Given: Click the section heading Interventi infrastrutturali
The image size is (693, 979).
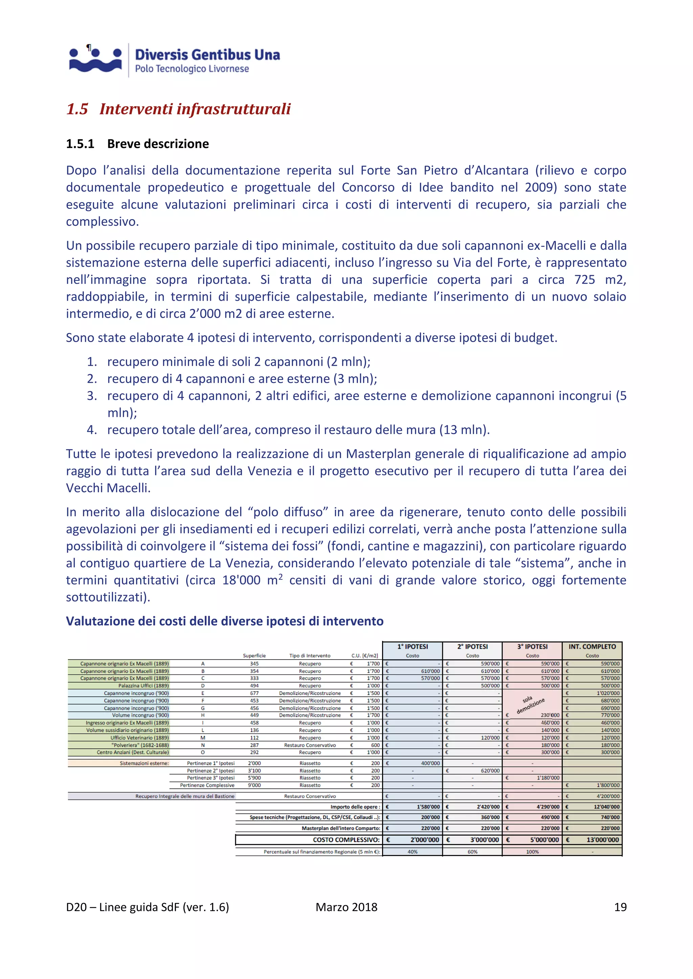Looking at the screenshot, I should pyautogui.click(x=195, y=109).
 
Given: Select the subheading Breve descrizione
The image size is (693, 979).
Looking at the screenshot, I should pyautogui.click(x=158, y=144).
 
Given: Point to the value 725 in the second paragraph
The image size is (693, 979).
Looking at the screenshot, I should pyautogui.click(x=585, y=280).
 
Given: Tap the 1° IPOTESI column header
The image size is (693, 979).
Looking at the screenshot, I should pyautogui.click(x=412, y=647).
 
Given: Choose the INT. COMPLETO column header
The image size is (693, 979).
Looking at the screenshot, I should pyautogui.click(x=592, y=647).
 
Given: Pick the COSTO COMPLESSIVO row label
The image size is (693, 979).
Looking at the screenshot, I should pyautogui.click(x=346, y=840).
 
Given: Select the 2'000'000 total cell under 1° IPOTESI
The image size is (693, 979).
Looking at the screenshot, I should pyautogui.click(x=424, y=840).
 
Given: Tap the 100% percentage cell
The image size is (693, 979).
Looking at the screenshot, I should pyautogui.click(x=532, y=852).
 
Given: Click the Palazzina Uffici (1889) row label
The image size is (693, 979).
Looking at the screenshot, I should pyautogui.click(x=143, y=686).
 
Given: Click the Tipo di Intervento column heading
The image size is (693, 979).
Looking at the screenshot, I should pyautogui.click(x=310, y=656).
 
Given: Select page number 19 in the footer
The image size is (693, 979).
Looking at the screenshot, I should pyautogui.click(x=620, y=907).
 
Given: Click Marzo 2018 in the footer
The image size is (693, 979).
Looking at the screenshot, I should pyautogui.click(x=346, y=907).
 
